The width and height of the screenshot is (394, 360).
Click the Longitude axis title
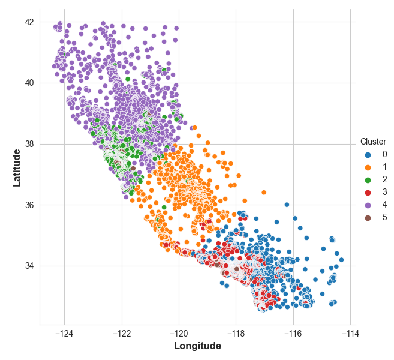pos(197,346)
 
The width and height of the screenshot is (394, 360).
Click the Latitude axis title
pos(16,168)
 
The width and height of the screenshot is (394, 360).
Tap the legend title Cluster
pos(373,142)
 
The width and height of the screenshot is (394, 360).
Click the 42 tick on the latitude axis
pos(29,22)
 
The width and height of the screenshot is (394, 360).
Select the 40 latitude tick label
pos(29,83)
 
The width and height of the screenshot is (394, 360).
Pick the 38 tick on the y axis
pos(29,144)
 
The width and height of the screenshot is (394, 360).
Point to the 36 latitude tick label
pos(29,205)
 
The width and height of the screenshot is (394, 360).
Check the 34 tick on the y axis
pos(29,266)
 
